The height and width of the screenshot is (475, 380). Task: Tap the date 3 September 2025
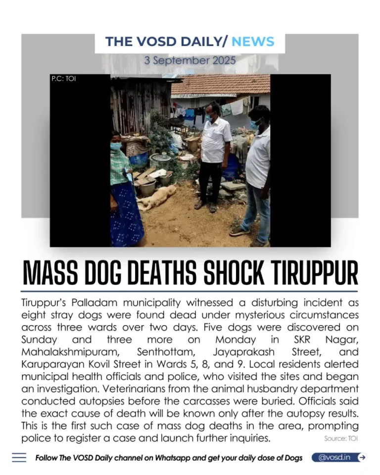[x=190, y=60]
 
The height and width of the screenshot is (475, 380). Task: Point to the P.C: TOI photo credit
[x=63, y=79]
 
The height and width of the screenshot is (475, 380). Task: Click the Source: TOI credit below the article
[x=341, y=438]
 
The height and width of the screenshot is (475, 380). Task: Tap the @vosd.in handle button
[x=334, y=457]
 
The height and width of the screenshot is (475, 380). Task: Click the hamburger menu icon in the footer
[x=19, y=458]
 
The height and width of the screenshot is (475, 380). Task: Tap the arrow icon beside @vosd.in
[x=362, y=457]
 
